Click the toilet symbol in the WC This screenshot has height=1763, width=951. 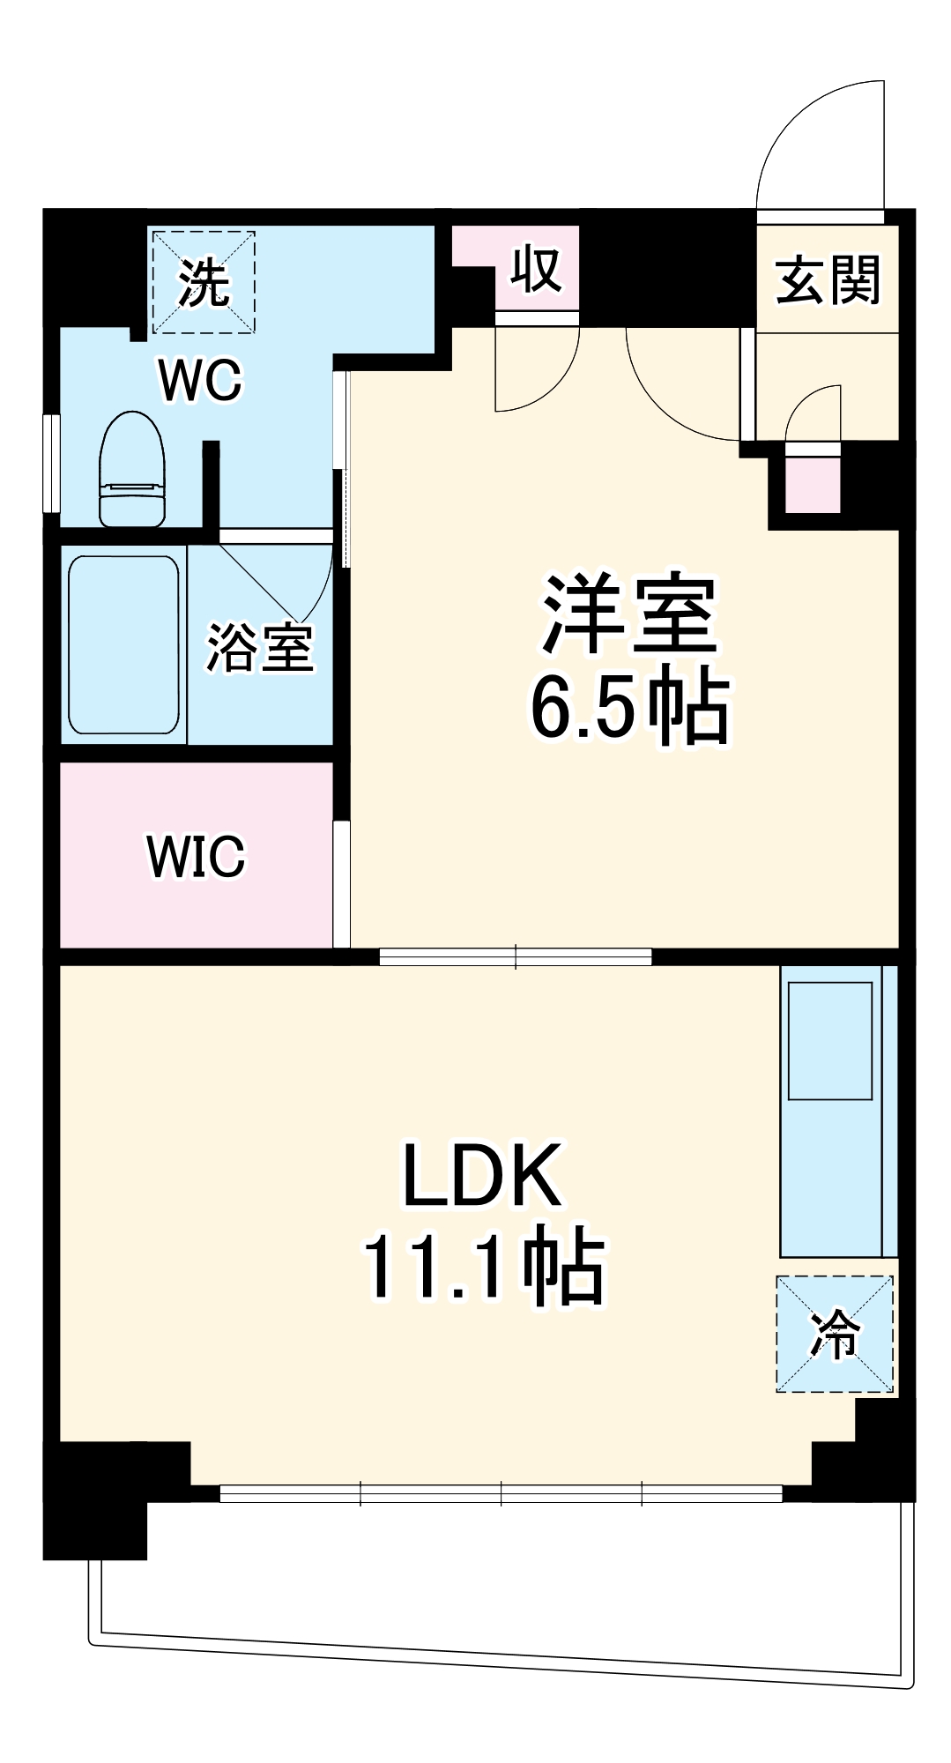[x=132, y=470]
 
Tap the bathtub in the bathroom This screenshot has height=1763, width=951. [x=123, y=644]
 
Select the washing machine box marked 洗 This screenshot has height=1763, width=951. [x=204, y=282]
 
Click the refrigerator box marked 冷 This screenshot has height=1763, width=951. [x=834, y=1334]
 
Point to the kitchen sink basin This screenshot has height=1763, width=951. [x=829, y=1041]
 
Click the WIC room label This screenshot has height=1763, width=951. [x=196, y=855]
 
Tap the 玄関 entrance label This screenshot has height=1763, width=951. [x=828, y=280]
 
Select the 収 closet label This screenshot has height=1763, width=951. [x=537, y=269]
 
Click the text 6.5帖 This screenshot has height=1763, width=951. [x=629, y=708]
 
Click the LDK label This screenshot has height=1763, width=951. [x=482, y=1175]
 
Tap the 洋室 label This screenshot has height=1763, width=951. [x=629, y=614]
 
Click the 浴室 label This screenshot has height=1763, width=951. [x=259, y=648]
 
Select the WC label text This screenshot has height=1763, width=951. [x=200, y=380]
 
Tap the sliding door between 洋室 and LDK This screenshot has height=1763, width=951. [x=516, y=956]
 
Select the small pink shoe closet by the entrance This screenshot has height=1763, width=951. [x=813, y=484]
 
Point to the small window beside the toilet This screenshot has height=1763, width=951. [x=51, y=463]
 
